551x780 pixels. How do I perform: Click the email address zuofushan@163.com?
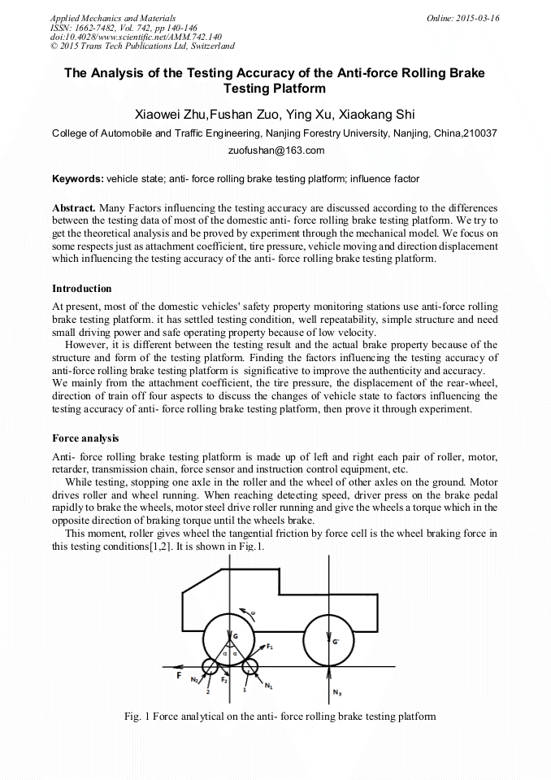tap(276, 150)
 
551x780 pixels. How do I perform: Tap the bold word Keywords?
tap(78, 178)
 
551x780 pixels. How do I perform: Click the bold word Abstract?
tap(74, 207)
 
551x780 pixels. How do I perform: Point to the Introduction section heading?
tap(81, 289)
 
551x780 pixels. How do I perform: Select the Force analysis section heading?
tap(85, 438)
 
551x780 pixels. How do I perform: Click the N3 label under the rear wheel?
tap(336, 692)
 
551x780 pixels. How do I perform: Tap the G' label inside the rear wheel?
tap(336, 642)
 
